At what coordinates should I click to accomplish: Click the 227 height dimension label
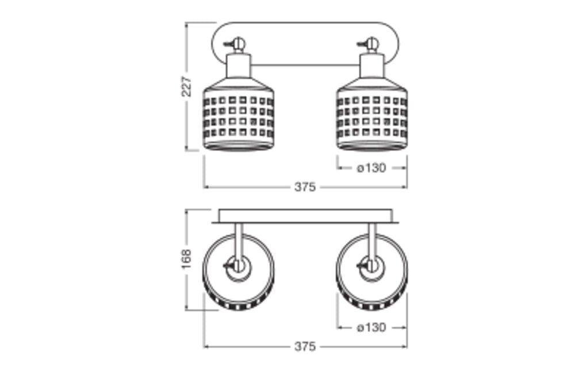[x=187, y=86]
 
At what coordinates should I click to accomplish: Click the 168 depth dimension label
[x=187, y=259]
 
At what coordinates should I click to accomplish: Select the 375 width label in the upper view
[x=305, y=187]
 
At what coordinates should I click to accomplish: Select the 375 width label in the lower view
[x=305, y=346]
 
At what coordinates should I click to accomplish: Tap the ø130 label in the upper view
[x=371, y=168]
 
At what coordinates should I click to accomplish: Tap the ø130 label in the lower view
[x=371, y=327]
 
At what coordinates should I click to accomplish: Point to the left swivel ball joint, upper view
[x=239, y=43]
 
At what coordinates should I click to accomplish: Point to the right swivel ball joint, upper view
[x=372, y=43]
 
